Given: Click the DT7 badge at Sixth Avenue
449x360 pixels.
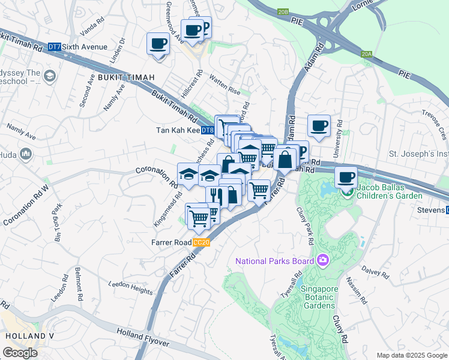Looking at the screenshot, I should coord(55,47).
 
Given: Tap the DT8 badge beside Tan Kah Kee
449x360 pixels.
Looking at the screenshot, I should coord(207,130).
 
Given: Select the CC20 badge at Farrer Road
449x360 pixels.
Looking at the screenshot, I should coord(201,242).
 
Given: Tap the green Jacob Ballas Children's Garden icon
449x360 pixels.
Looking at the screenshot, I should coord(347,193).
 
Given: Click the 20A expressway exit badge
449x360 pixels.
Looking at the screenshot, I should coord(367,54).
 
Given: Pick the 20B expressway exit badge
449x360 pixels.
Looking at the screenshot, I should coord(283,11).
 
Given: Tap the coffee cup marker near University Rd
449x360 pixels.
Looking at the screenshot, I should coord(319,126).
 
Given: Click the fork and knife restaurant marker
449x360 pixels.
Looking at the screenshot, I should coord(214,196).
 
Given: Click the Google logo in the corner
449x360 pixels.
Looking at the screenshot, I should coord(20,353).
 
